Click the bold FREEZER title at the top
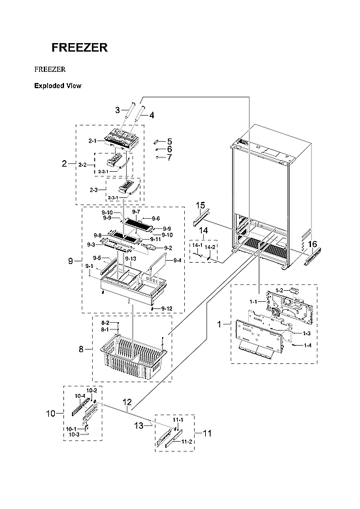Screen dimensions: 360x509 [x=80, y=48]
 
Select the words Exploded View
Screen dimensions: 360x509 [x=57, y=86]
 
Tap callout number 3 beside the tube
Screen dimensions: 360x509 [x=118, y=110]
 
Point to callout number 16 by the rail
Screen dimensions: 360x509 [x=312, y=244]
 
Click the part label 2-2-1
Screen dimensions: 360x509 [x=103, y=171]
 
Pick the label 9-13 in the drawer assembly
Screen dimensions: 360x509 [x=131, y=259]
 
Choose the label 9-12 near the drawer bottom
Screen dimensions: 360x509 [x=167, y=308]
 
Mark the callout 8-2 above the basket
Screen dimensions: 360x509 [x=105, y=323]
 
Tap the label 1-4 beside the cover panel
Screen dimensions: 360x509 [x=308, y=346]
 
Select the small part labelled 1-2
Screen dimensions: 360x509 [x=295, y=289]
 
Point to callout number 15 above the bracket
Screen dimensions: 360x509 [x=201, y=205]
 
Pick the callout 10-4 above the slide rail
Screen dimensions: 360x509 [x=80, y=396]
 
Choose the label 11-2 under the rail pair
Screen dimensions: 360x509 [x=187, y=442]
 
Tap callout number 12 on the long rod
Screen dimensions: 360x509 [x=127, y=402]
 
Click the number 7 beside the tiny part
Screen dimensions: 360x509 [x=169, y=157]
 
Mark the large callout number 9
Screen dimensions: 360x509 [x=71, y=261]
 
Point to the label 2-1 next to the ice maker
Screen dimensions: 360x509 [x=93, y=141]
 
